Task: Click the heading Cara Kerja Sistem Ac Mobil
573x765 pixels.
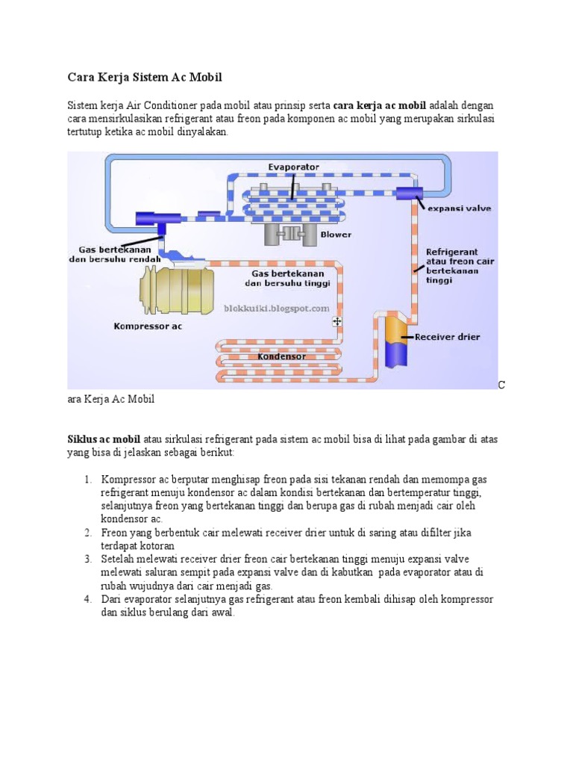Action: (145, 77)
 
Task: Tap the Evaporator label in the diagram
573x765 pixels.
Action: (294, 167)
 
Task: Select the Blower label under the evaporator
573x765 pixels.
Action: (336, 234)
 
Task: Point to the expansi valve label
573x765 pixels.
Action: (459, 208)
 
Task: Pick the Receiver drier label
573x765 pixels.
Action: (448, 337)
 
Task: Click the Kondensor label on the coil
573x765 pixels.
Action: (281, 356)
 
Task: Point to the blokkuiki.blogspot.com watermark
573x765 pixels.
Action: (277, 308)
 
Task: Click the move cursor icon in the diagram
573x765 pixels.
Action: (337, 320)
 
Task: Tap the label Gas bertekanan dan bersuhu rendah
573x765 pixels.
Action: (115, 254)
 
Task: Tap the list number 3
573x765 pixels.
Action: (87, 559)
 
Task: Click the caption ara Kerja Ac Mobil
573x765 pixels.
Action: (111, 399)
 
